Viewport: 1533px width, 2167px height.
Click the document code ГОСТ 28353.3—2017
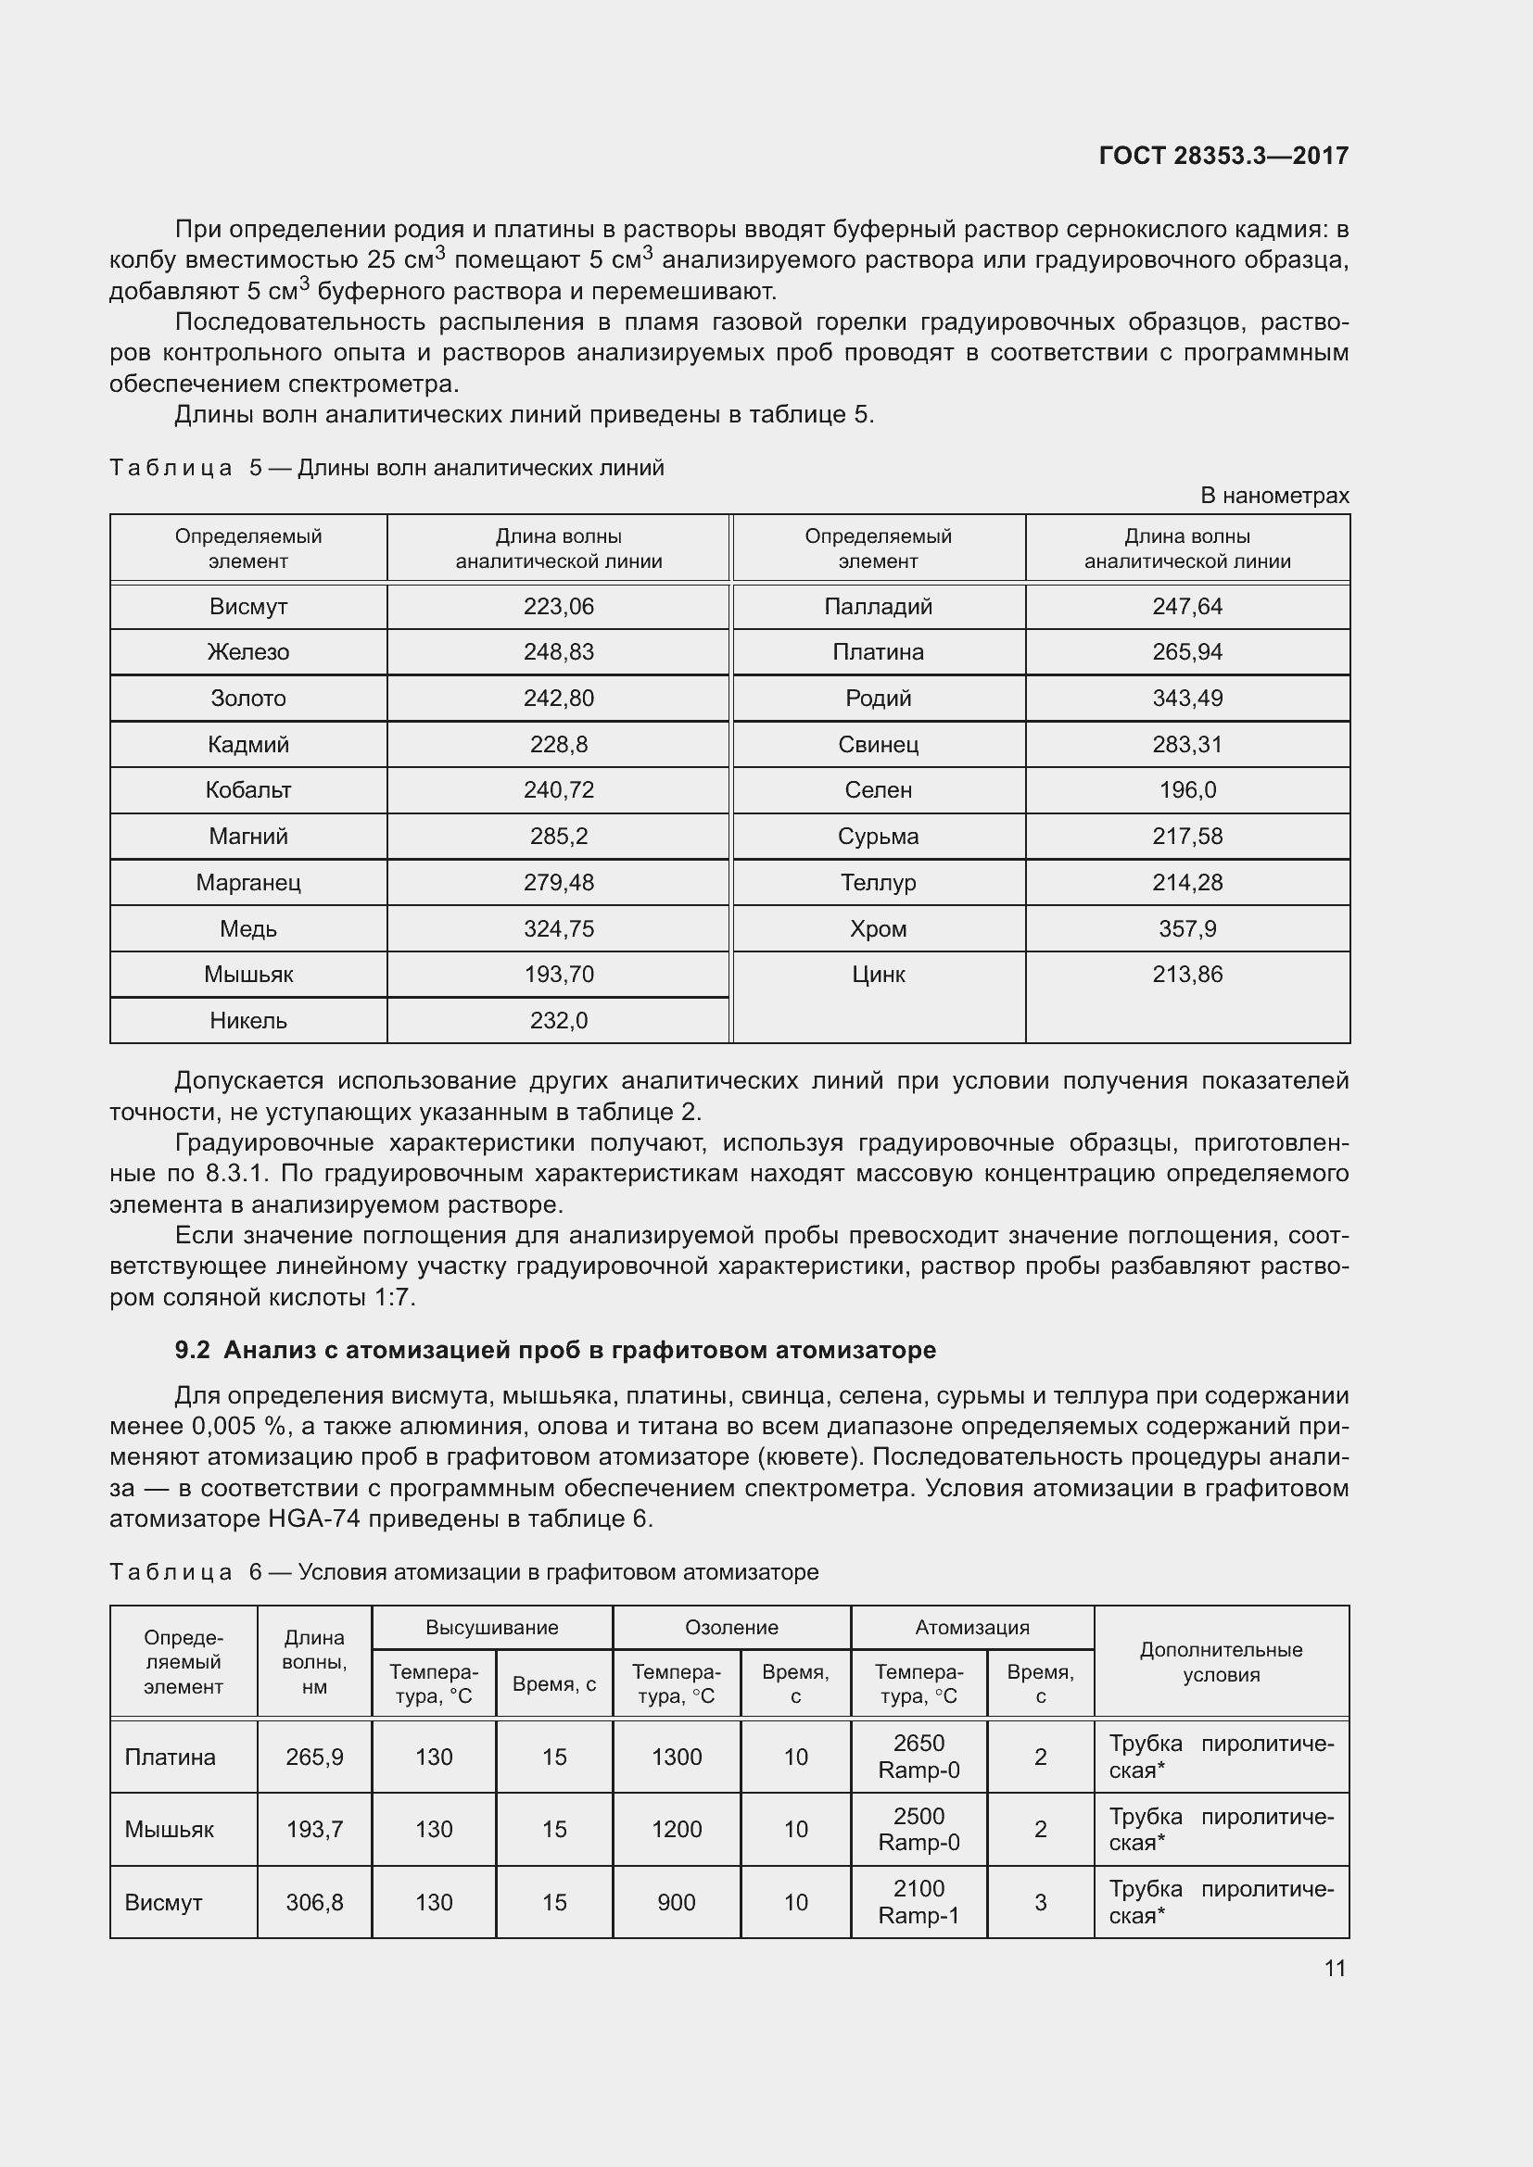tap(1223, 156)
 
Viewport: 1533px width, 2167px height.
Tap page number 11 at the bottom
tap(1334, 1968)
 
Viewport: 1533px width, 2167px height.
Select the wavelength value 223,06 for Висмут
tap(559, 607)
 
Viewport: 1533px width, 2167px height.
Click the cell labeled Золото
tap(248, 699)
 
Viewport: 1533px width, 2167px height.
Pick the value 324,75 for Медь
tap(559, 928)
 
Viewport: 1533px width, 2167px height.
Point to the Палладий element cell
tap(878, 607)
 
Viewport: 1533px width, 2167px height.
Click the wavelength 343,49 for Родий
tap(1186, 699)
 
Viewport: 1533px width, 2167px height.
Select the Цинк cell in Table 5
tap(878, 975)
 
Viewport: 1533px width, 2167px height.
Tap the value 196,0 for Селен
tap(1186, 790)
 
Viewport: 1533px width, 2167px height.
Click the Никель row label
tap(248, 1020)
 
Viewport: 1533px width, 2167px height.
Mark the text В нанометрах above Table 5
tap(1274, 496)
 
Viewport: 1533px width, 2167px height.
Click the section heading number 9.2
tap(193, 1350)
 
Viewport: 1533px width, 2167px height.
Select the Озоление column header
tap(731, 1627)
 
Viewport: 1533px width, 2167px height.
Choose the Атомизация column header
tap(972, 1627)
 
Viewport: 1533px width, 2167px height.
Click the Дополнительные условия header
tap(1221, 1662)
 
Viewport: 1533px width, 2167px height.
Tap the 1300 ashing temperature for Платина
tap(676, 1757)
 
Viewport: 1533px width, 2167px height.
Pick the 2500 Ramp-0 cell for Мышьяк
tap(919, 1829)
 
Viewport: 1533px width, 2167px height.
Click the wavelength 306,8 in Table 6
tap(314, 1902)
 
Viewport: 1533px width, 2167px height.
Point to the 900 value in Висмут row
tap(676, 1902)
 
